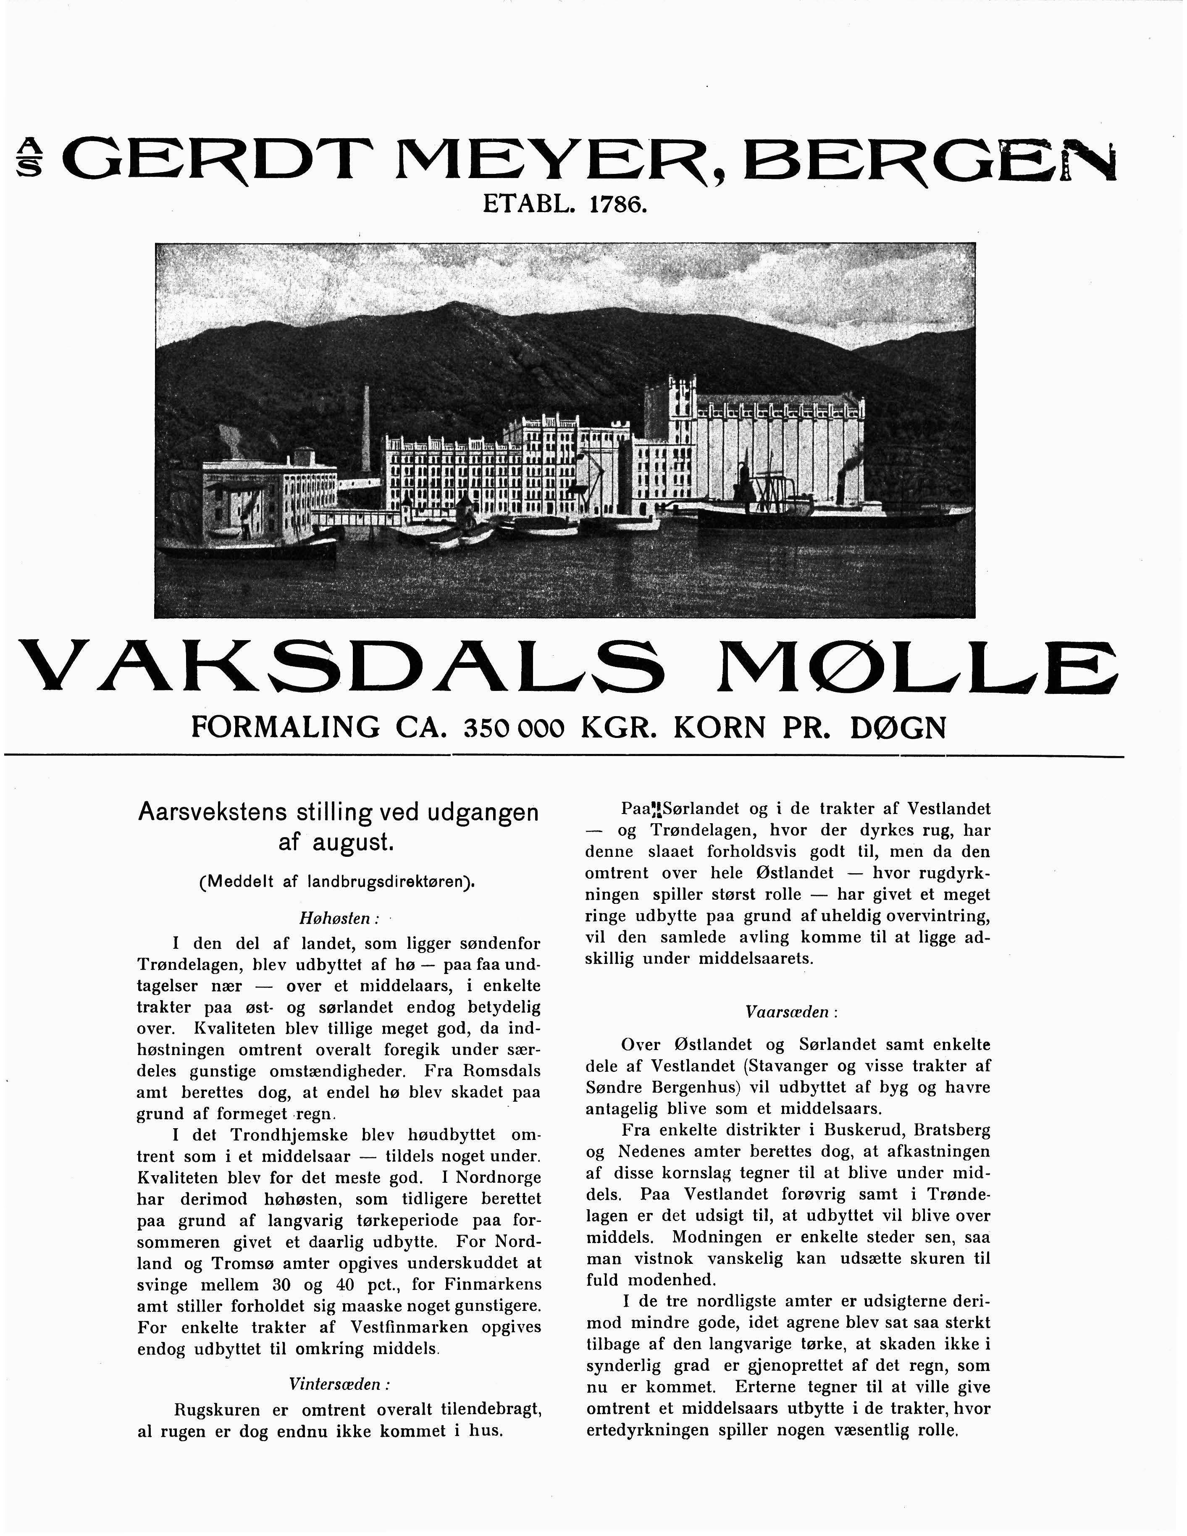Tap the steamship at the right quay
(809, 507)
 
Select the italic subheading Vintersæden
(339, 1384)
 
